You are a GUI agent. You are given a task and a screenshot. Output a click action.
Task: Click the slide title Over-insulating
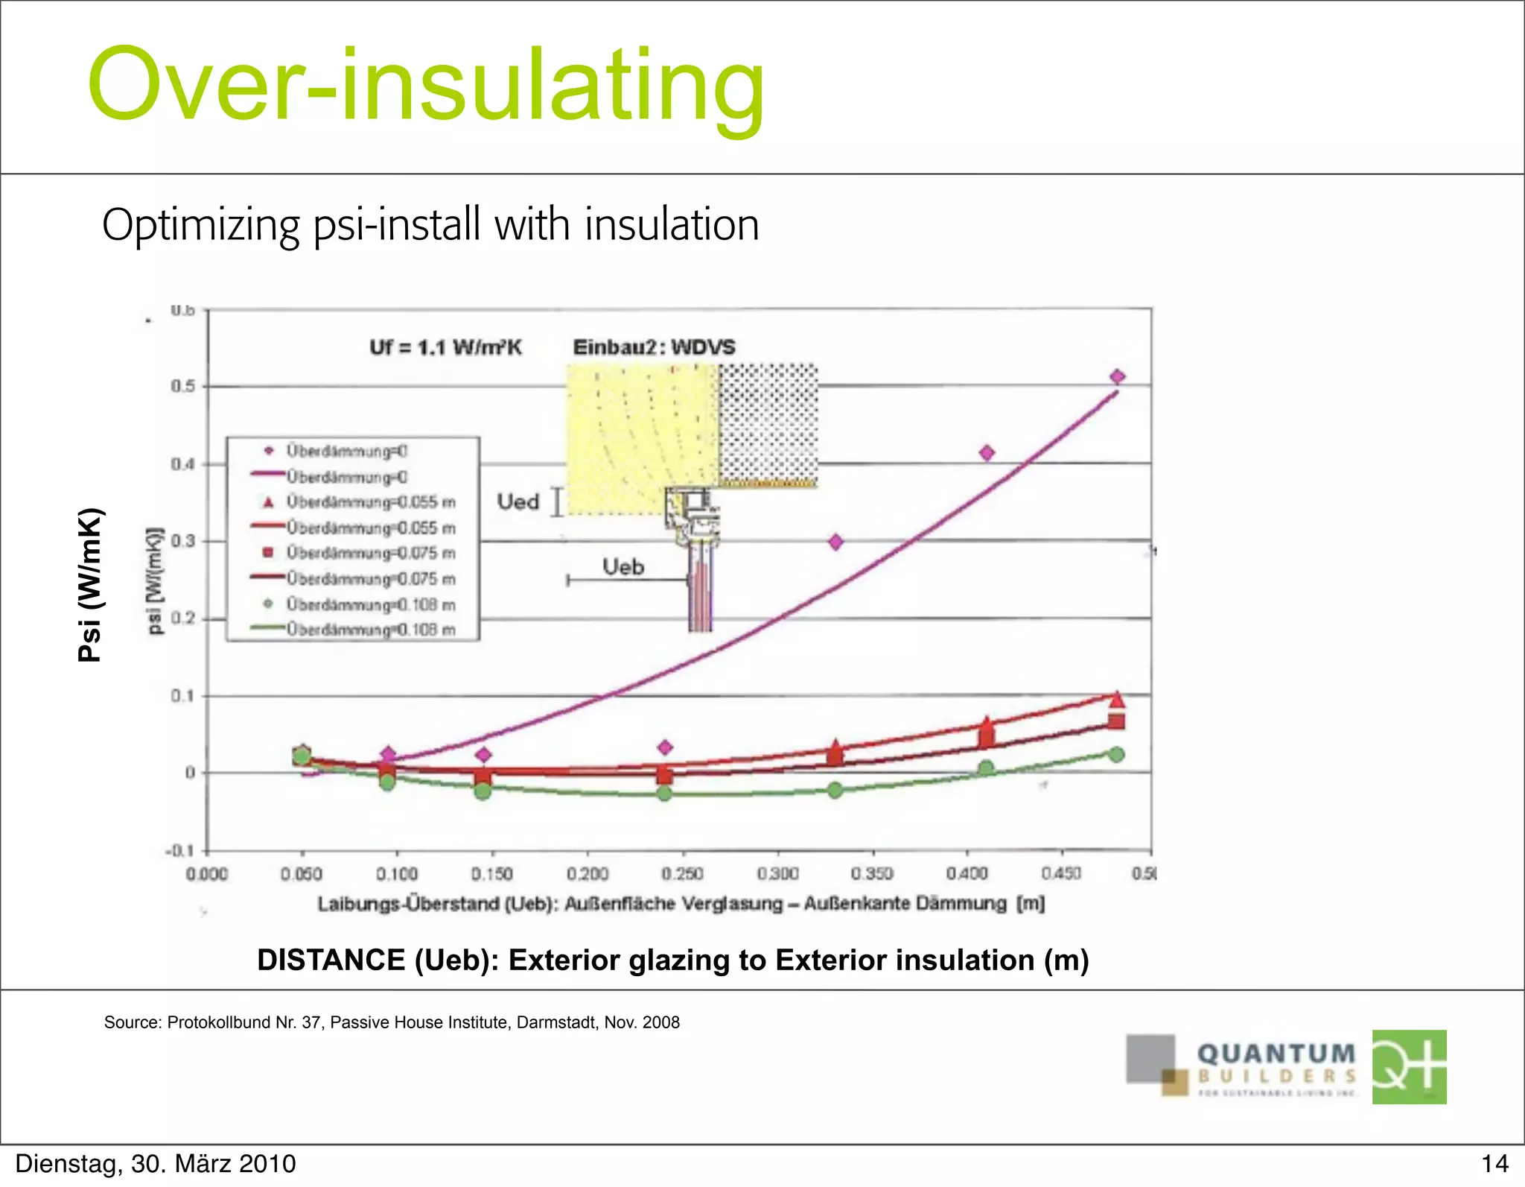coord(425,86)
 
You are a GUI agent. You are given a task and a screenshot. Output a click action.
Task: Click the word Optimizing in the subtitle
coord(200,225)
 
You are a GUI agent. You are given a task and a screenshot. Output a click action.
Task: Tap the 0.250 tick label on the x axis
coord(682,873)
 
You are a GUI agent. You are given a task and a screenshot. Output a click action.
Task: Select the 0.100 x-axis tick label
coord(397,873)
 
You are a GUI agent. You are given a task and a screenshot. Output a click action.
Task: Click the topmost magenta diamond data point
coord(1117,377)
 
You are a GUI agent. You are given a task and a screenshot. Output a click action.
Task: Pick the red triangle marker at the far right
coord(1116,699)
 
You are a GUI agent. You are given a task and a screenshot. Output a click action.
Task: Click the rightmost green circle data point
coord(1116,755)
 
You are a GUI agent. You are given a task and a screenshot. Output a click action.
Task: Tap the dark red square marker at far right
coord(1116,721)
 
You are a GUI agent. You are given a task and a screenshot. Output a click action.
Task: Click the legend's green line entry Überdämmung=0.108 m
coord(370,630)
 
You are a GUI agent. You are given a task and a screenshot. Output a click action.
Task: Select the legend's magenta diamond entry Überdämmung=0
coord(346,451)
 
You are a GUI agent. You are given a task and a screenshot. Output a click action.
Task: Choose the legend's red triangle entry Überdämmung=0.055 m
coord(370,502)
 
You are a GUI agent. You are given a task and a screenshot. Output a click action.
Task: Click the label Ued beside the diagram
coord(518,502)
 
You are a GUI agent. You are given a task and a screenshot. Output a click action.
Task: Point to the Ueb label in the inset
coord(623,567)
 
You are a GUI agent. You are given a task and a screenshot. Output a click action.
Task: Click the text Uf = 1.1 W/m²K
coord(446,347)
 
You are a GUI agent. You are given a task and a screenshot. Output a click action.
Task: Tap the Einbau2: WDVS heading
coord(654,347)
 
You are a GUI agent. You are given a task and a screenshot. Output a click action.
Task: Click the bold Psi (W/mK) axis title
coord(90,584)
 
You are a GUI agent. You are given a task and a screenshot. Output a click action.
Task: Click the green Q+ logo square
coord(1409,1067)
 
